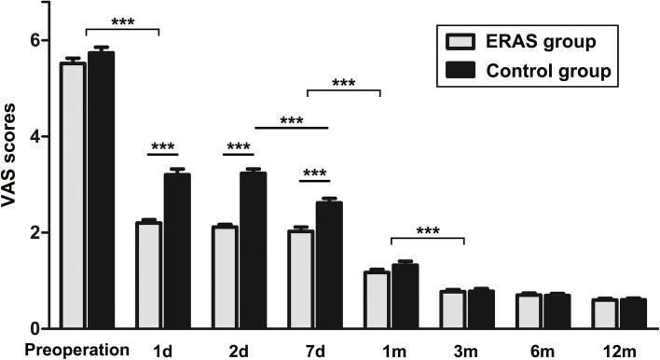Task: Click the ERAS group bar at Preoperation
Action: point(72,196)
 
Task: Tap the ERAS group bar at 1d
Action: point(148,275)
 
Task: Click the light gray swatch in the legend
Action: point(457,43)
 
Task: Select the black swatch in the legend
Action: point(457,70)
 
